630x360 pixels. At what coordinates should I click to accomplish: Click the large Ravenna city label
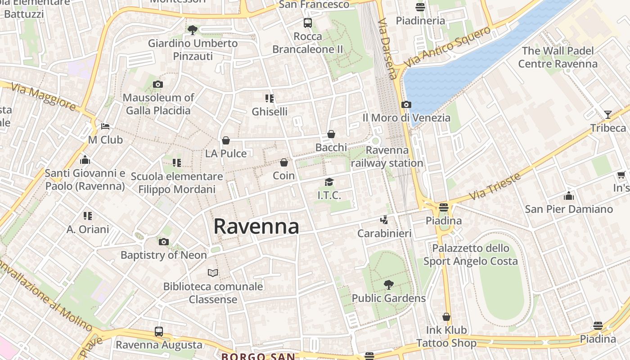(256, 226)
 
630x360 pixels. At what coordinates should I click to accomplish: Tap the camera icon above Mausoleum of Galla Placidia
(157, 84)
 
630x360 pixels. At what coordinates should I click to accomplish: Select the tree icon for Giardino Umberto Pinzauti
(193, 30)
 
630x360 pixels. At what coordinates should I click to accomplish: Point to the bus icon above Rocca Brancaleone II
(308, 23)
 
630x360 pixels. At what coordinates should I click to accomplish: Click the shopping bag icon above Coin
(284, 162)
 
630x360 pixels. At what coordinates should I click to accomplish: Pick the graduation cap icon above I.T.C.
(329, 182)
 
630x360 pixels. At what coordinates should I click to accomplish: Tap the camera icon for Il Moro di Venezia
(406, 105)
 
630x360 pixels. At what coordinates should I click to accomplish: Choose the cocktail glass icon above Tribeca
(608, 114)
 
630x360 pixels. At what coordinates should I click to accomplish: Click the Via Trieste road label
(495, 186)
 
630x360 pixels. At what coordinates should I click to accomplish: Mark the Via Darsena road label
(388, 49)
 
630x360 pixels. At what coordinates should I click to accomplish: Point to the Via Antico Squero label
(447, 47)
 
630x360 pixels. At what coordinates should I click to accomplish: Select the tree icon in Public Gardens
(389, 284)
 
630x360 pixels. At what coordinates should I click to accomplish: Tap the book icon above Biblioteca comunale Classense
(213, 273)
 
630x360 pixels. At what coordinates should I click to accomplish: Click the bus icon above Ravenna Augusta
(159, 332)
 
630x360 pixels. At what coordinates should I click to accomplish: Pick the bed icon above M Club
(105, 126)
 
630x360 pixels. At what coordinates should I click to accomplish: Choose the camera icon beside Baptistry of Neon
(164, 242)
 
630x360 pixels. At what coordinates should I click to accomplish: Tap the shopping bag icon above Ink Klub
(446, 317)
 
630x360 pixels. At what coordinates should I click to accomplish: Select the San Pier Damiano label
(569, 209)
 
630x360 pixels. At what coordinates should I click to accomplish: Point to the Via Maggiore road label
(44, 97)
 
